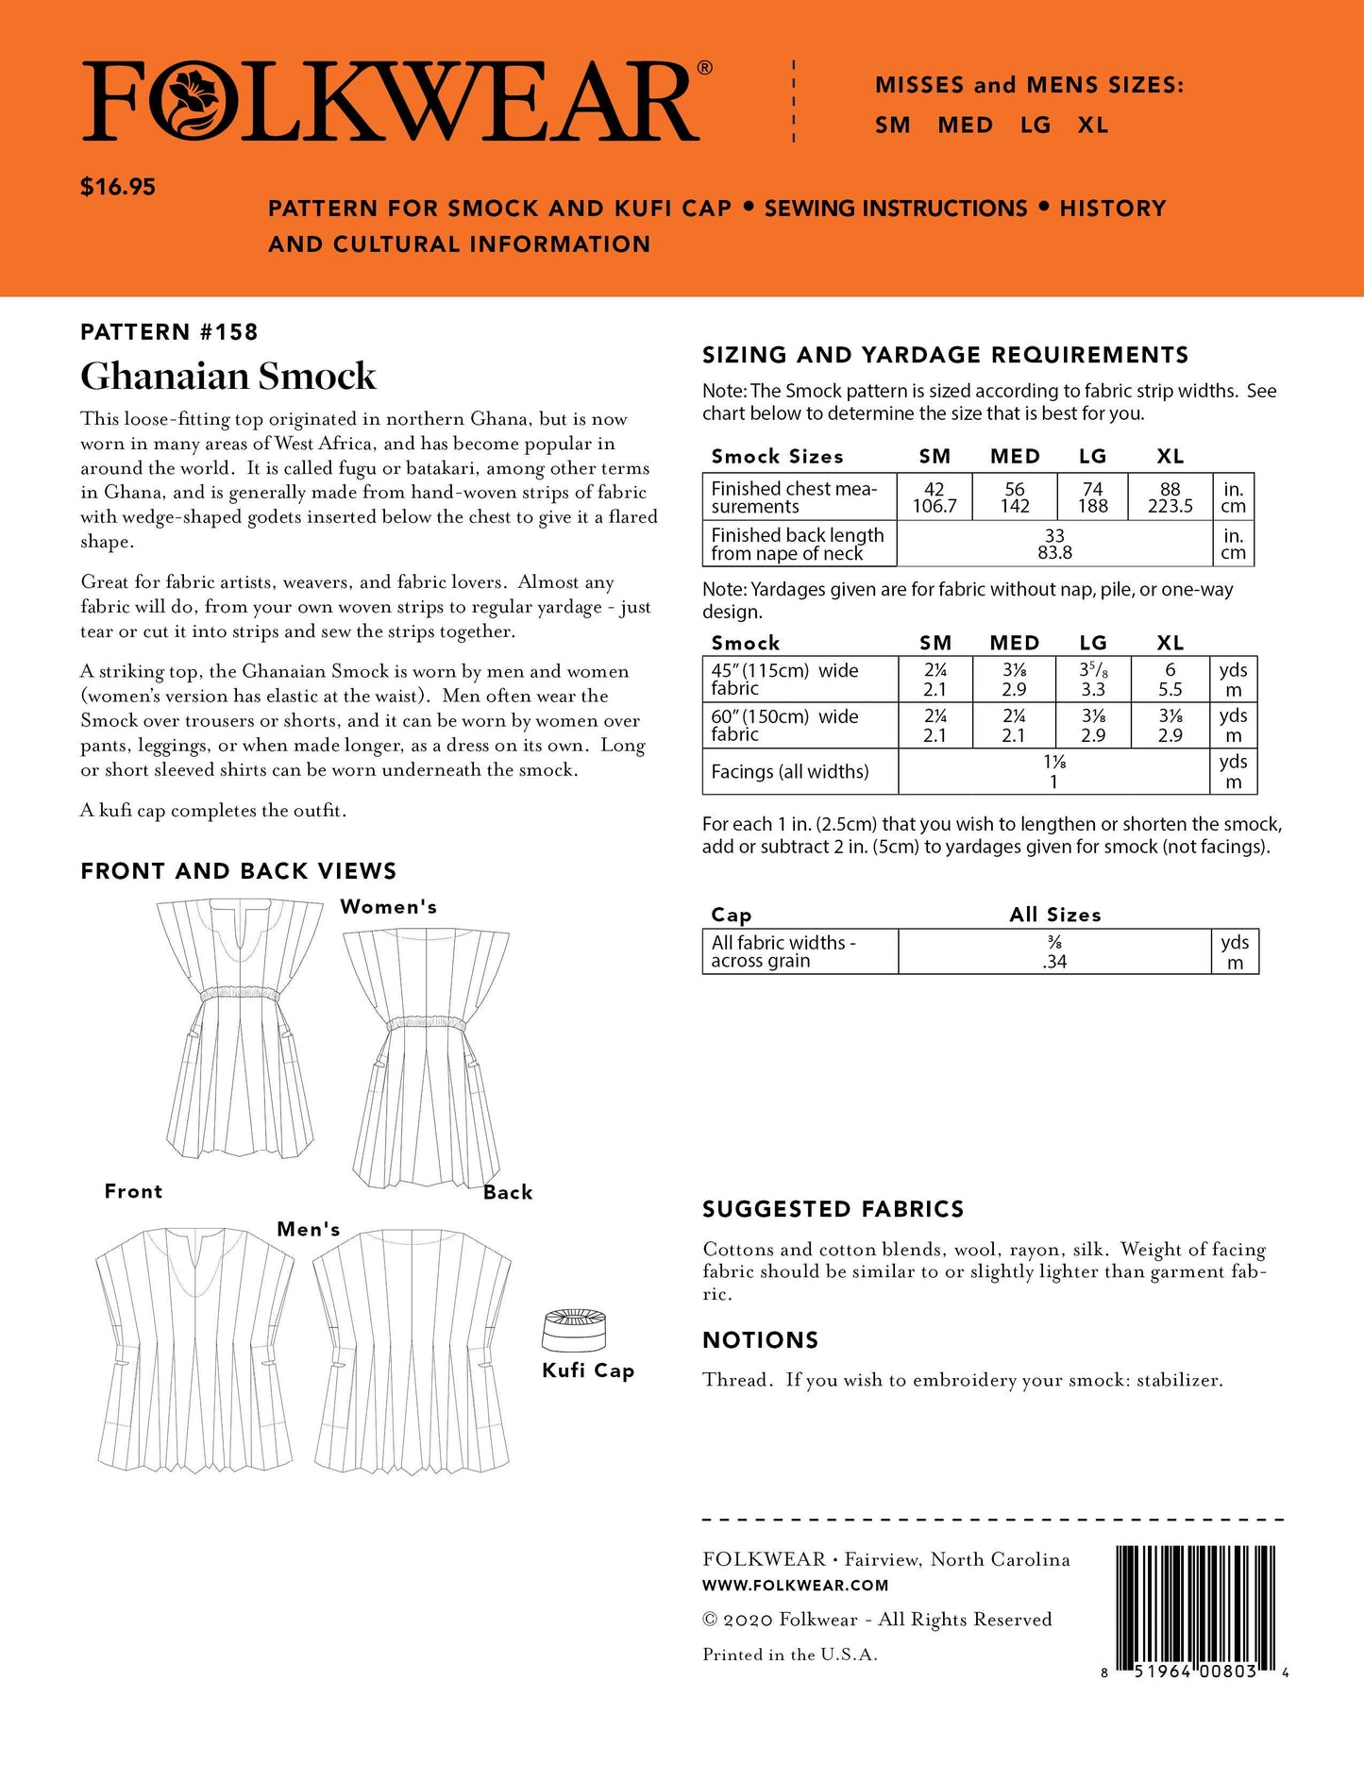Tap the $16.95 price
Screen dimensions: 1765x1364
coord(118,187)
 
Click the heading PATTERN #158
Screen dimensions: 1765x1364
coord(169,332)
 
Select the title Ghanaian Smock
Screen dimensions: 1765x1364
coord(228,377)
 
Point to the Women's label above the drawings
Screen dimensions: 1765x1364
coord(388,907)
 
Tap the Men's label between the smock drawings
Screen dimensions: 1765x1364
coord(308,1230)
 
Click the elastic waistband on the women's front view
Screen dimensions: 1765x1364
coord(238,994)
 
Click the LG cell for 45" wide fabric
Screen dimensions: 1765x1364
coord(1092,680)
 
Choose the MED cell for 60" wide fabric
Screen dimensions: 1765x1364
coord(1014,725)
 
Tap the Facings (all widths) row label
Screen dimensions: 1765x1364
coord(789,772)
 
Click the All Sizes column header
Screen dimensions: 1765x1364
coord(1054,915)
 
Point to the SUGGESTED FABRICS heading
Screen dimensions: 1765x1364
coord(833,1210)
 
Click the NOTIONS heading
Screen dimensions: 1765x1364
coord(760,1340)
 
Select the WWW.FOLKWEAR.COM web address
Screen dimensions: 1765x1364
coord(795,1586)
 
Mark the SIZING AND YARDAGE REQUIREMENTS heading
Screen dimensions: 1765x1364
coord(945,355)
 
